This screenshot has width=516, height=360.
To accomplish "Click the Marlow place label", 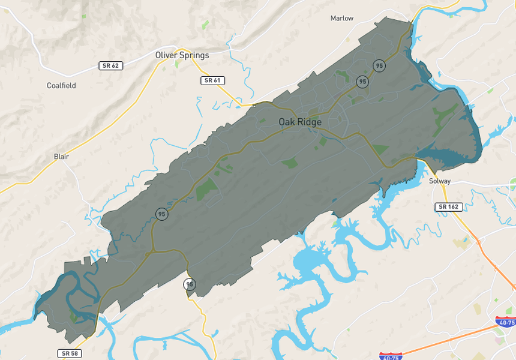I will tap(342, 19).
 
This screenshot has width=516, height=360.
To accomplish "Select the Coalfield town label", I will tap(61, 86).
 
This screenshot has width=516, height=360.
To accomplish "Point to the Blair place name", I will tap(61, 157).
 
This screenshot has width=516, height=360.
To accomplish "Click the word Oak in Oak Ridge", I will tap(286, 122).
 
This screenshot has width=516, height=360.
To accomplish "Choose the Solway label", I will tap(440, 181).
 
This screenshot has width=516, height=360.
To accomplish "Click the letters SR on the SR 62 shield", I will tap(106, 65).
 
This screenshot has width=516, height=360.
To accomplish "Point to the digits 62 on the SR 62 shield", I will tap(115, 65).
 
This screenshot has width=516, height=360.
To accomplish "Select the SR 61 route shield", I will tap(212, 80).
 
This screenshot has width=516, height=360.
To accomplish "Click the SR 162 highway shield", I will tap(448, 207).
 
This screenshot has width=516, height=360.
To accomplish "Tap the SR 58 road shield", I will tap(70, 353).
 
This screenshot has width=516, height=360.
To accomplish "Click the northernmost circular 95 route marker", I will tap(379, 65).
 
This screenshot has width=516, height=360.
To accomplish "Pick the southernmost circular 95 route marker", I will tap(190, 284).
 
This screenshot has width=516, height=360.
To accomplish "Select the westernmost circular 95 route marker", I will tap(161, 214).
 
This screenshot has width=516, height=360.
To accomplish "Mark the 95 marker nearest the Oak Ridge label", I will tap(362, 82).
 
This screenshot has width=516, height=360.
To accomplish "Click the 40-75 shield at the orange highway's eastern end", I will tap(506, 322).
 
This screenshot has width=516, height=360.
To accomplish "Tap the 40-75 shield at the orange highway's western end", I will tap(391, 356).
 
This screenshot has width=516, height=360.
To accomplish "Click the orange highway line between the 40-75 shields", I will tap(450, 339).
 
